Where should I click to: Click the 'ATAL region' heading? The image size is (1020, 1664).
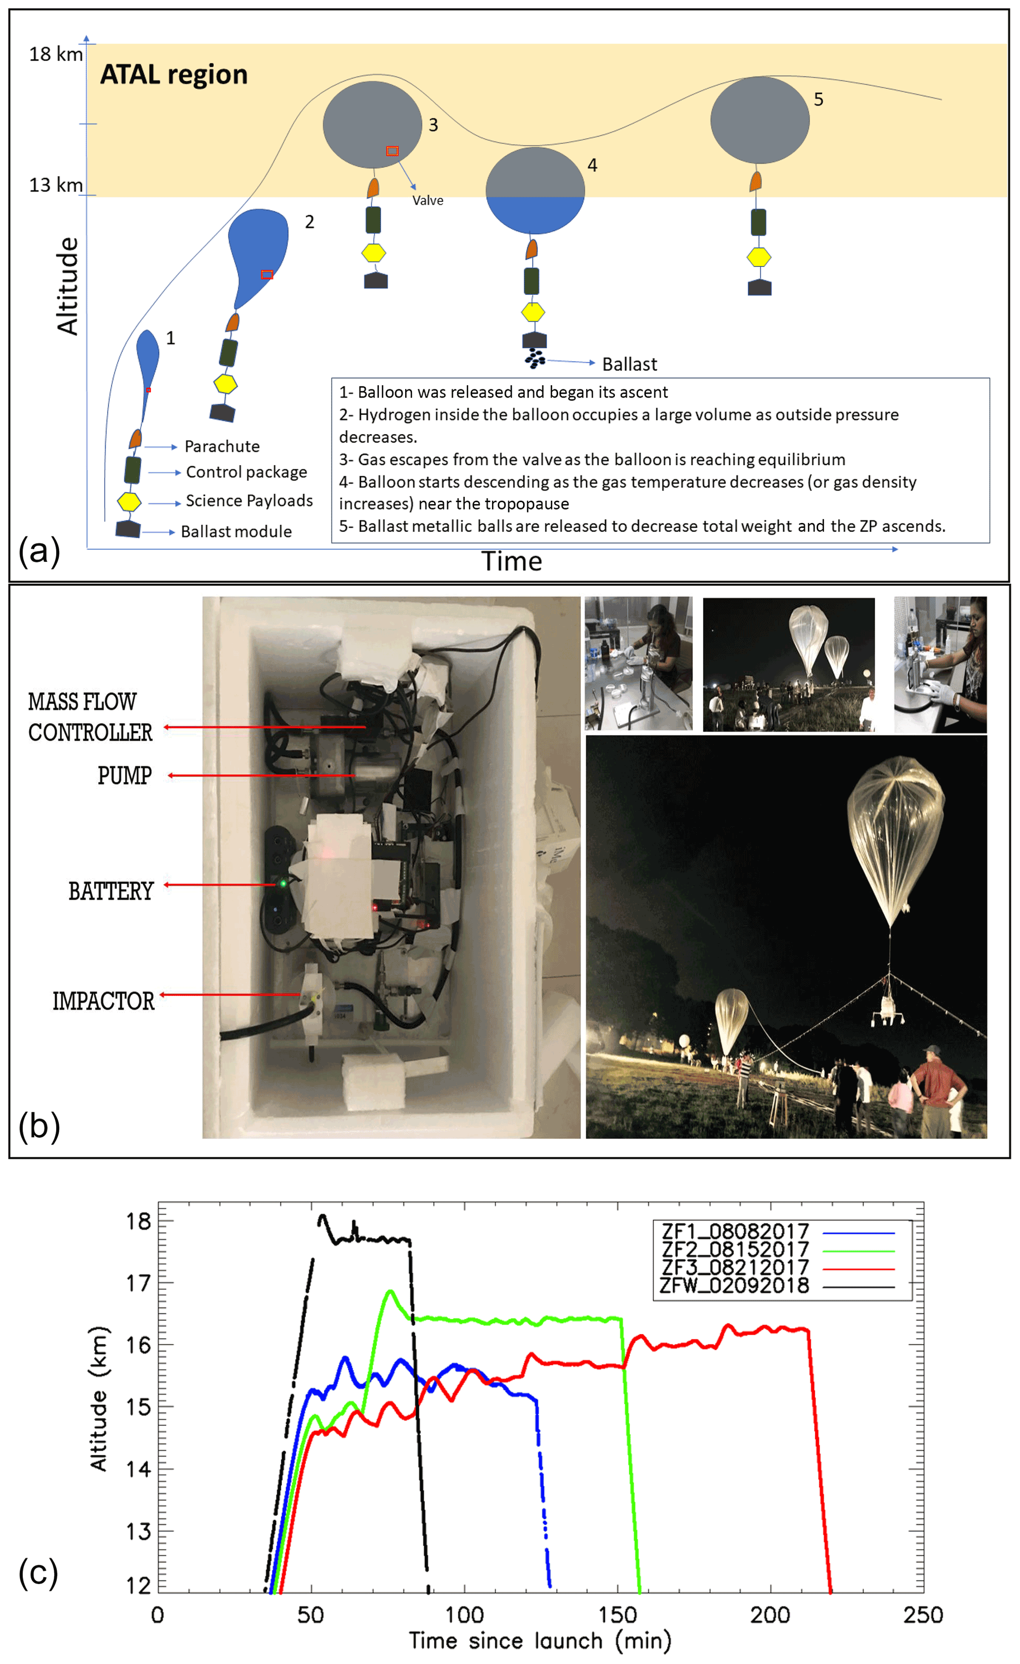(x=174, y=74)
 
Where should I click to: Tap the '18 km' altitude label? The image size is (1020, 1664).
(x=55, y=54)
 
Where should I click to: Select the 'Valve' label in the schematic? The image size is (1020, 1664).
(x=427, y=201)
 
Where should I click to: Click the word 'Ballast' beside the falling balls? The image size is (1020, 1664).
(x=629, y=365)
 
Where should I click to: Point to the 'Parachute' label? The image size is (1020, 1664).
(x=222, y=446)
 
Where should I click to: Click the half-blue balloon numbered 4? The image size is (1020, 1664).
(x=534, y=191)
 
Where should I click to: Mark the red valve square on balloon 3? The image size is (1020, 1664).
(x=392, y=150)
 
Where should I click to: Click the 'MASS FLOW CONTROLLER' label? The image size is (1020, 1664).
(x=89, y=717)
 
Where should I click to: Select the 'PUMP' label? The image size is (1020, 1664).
(x=124, y=776)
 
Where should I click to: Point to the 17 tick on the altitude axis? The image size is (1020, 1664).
(x=139, y=1283)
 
